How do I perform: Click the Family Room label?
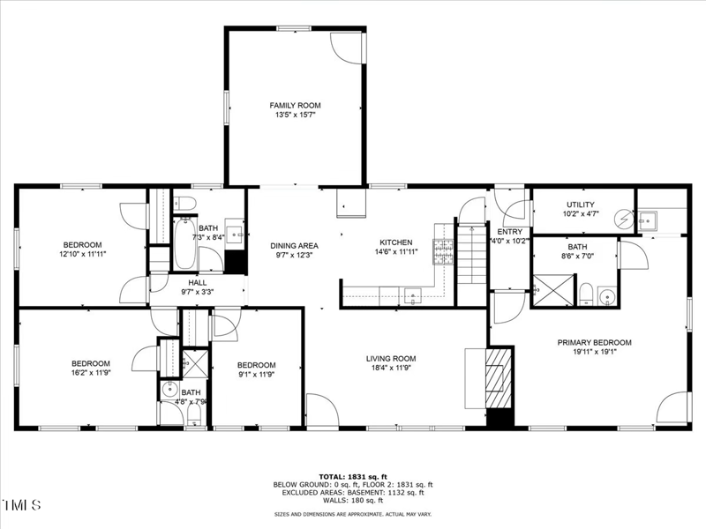(294, 106)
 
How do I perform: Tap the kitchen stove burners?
(440, 252)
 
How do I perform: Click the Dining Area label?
(295, 245)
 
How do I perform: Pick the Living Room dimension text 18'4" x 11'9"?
(391, 369)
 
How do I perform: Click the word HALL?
(198, 283)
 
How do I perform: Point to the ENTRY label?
(510, 231)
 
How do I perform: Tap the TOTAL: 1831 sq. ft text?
(353, 476)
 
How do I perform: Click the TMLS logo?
(22, 506)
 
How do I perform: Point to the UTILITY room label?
(581, 205)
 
